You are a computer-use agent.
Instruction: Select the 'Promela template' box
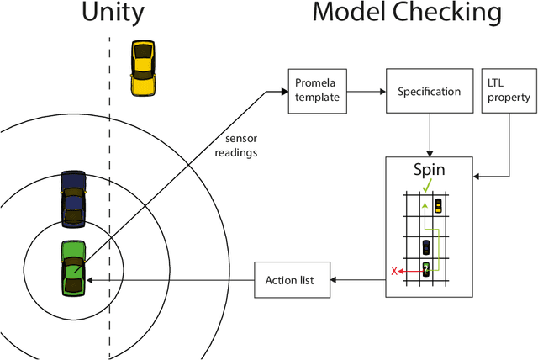pyautogui.click(x=318, y=90)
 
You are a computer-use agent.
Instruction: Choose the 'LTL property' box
pyautogui.click(x=509, y=90)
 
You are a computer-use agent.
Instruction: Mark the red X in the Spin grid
pyautogui.click(x=393, y=271)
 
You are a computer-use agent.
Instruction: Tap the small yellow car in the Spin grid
pyautogui.click(x=439, y=206)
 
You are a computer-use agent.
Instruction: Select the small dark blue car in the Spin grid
pyautogui.click(x=426, y=247)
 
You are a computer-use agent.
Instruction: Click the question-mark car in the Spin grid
pyautogui.click(x=426, y=269)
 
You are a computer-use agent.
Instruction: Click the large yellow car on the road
pyautogui.click(x=144, y=66)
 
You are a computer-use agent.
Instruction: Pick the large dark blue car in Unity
pyautogui.click(x=73, y=199)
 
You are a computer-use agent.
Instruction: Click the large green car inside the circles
pyautogui.click(x=73, y=268)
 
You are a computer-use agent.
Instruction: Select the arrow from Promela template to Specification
pyautogui.click(x=365, y=91)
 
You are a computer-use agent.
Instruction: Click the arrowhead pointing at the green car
pyautogui.click(x=92, y=280)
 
